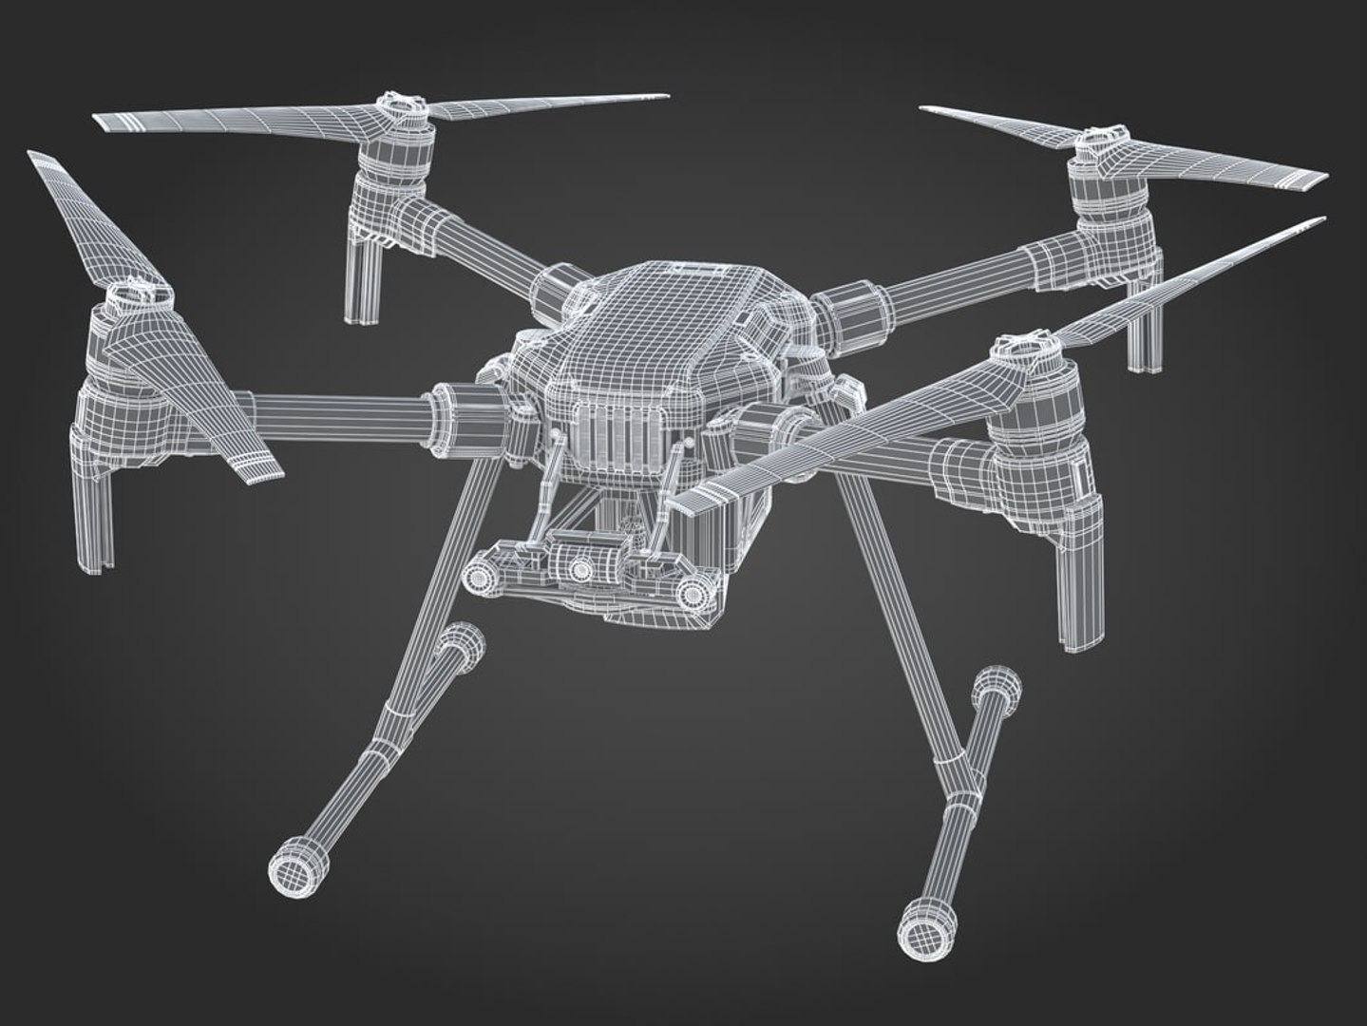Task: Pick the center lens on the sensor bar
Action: (x=580, y=567)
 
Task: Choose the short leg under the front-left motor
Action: (x=95, y=518)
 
